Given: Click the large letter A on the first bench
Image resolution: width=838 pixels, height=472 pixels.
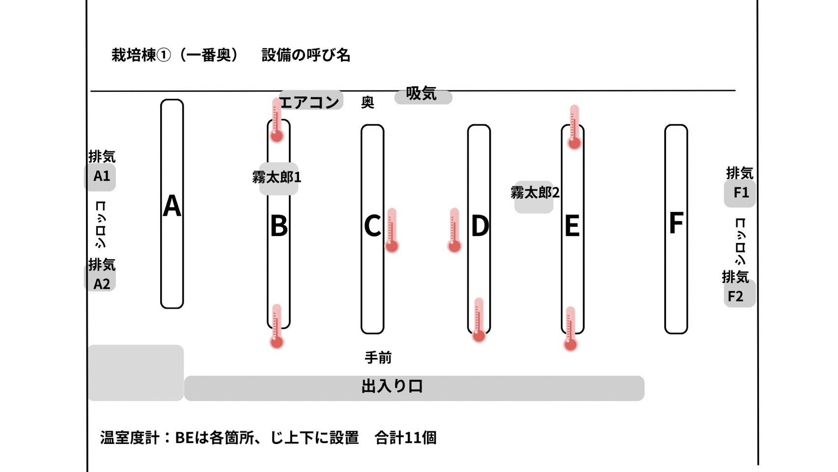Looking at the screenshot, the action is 172,206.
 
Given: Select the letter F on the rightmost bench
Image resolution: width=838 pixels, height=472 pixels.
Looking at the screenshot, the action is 676,223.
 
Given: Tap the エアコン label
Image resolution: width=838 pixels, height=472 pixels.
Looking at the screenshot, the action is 309,102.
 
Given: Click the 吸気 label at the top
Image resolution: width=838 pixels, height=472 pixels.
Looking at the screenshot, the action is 421,93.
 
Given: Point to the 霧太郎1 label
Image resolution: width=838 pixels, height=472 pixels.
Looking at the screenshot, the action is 277,177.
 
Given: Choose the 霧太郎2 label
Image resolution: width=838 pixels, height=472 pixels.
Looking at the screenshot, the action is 535,193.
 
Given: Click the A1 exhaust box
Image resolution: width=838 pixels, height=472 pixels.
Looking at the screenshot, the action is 101,177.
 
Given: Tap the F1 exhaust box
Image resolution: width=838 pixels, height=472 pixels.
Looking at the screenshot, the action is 740,193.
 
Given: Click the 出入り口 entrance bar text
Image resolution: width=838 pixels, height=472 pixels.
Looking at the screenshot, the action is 392,386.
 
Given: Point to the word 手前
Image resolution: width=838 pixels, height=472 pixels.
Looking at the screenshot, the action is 378,358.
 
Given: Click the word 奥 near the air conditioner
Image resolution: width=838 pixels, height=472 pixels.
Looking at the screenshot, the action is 367,102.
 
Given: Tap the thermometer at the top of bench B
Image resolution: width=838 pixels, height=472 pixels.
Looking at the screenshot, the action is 277,120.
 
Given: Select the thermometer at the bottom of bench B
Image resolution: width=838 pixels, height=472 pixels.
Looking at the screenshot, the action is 277,326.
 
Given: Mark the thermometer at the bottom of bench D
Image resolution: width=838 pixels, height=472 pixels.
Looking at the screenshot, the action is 479,320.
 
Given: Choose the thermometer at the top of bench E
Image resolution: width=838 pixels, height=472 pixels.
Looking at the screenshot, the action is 574,127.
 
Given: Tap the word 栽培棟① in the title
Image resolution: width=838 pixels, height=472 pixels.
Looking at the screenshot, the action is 141,56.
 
